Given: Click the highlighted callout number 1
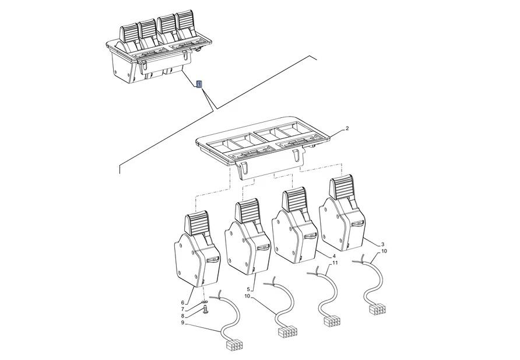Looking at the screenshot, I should tap(199, 85).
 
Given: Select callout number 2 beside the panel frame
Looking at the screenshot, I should tap(347, 128).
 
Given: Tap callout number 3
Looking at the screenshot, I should tap(382, 244).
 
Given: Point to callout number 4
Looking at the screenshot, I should tap(333, 256).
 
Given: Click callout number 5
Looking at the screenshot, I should tap(248, 289).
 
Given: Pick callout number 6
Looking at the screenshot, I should tap(182, 302).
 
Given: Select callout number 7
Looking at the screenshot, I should tap(182, 309).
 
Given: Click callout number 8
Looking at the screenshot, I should tap(182, 316).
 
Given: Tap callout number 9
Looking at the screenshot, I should tap(182, 323).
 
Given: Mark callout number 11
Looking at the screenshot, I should tap(335, 263).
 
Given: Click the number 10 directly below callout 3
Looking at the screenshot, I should tap(384, 251).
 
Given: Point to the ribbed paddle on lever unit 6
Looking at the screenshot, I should tap(197, 223).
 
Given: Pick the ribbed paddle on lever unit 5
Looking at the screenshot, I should tap(247, 210).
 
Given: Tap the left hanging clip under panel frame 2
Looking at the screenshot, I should tap(243, 170).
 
